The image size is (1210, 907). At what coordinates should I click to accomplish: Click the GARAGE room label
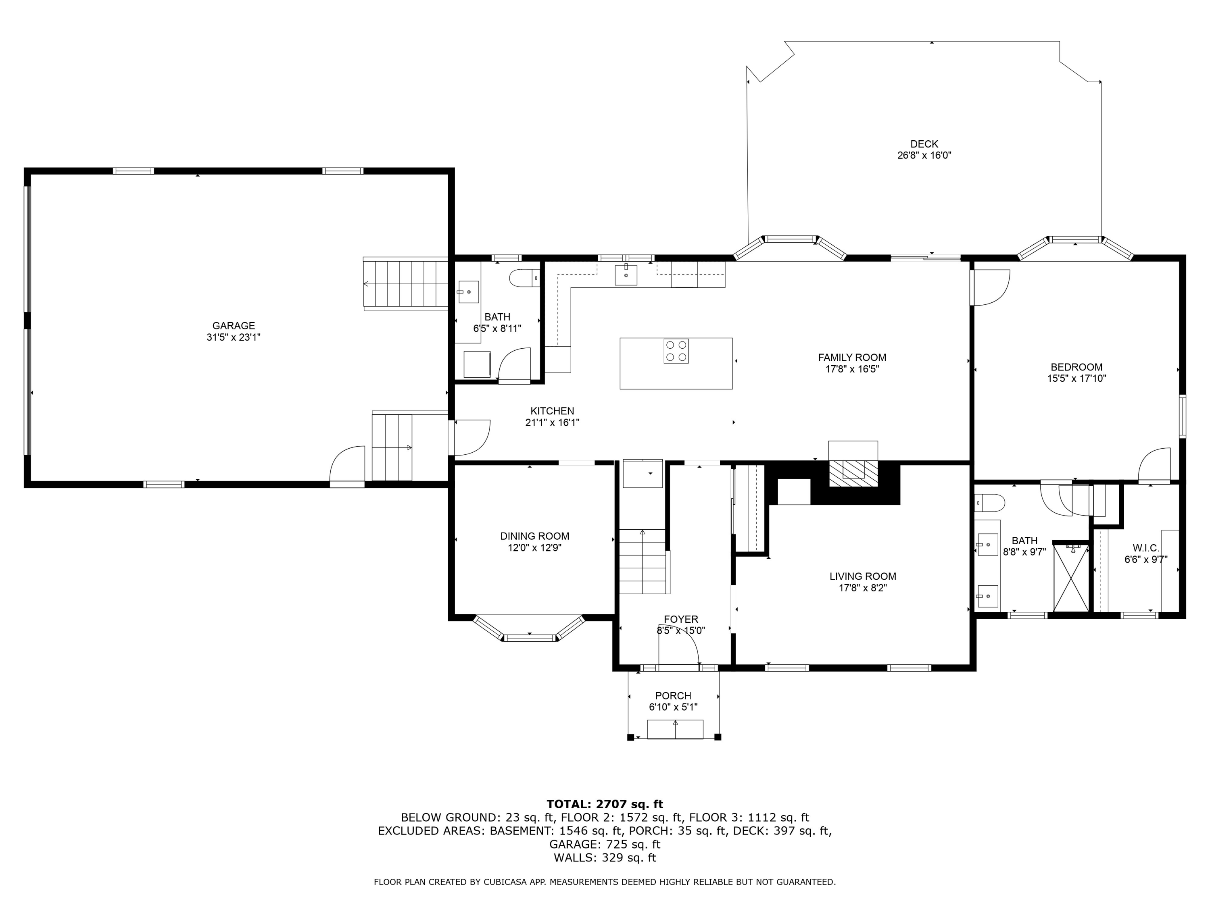(234, 326)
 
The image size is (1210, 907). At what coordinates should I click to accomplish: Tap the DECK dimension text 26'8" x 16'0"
(924, 155)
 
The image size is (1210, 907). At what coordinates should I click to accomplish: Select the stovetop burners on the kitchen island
(676, 351)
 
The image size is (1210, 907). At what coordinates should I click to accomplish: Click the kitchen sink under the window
(626, 275)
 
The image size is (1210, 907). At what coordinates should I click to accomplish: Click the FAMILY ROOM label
(852, 358)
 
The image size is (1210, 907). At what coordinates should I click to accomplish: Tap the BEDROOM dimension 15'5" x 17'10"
(1076, 379)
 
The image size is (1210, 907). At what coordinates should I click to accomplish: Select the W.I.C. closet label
(1146, 548)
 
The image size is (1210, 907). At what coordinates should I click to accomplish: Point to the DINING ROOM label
(534, 536)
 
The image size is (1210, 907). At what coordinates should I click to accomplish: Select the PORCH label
(674, 695)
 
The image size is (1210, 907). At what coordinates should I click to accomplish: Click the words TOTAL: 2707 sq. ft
(605, 804)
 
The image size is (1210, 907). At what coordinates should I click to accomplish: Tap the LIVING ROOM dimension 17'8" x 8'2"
(863, 588)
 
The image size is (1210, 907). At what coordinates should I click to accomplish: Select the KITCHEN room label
(553, 411)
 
